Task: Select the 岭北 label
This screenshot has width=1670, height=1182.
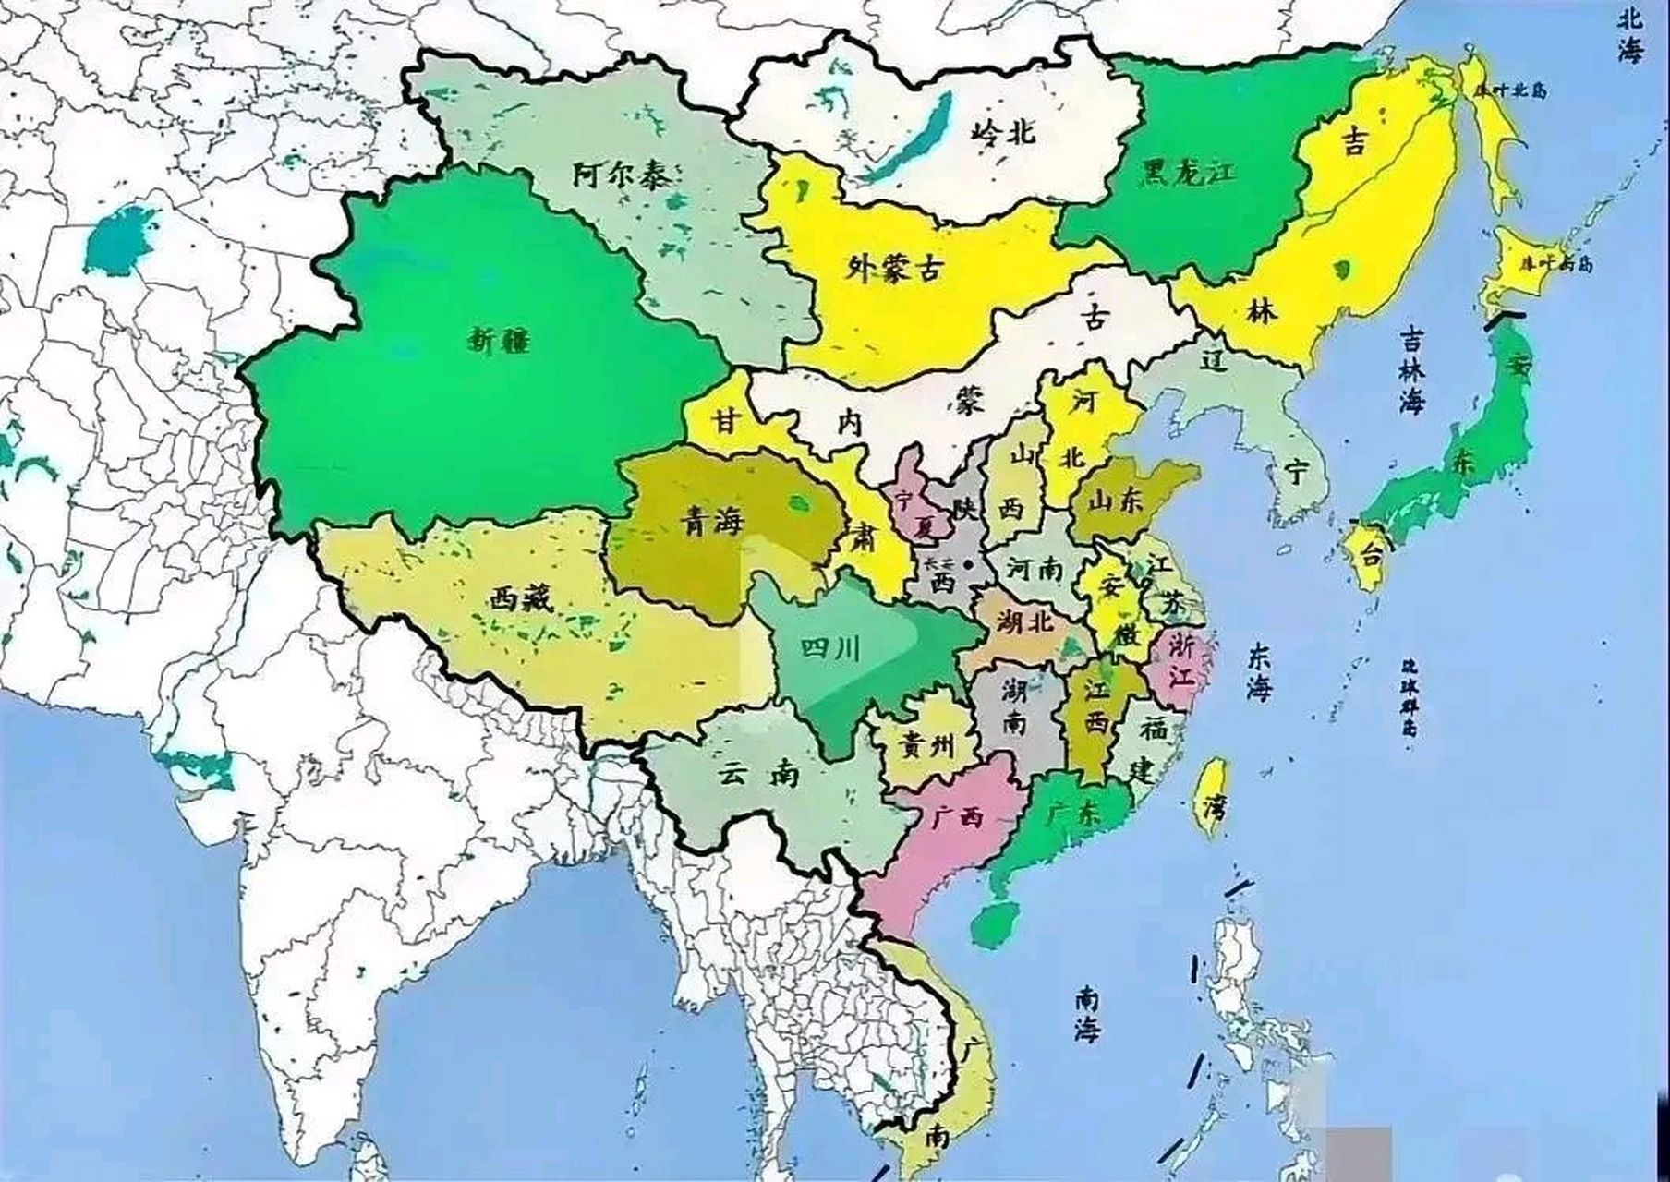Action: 1003,132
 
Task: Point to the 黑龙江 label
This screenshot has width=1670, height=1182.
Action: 1188,173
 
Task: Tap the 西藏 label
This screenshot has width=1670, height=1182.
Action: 520,601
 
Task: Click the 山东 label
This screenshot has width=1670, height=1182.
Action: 1115,501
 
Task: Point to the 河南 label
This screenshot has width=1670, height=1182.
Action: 1034,568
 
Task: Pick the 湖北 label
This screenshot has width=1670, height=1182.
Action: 1025,622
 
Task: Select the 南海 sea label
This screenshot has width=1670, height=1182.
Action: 1089,1014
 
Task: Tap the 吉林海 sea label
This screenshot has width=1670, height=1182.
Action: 1411,372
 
